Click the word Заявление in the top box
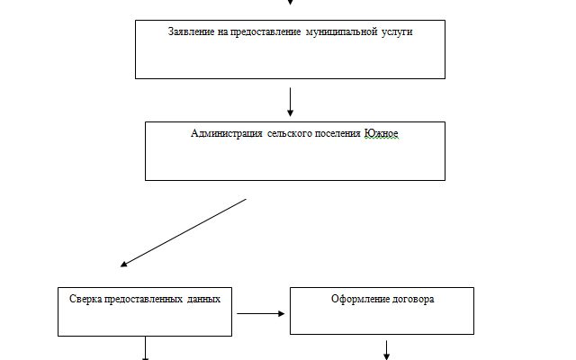click(191, 31)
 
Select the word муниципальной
click(344, 31)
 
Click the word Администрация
click(227, 133)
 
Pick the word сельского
click(289, 133)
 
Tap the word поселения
click(337, 133)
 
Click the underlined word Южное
click(381, 133)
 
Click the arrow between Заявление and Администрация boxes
click(290, 102)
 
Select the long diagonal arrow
click(183, 233)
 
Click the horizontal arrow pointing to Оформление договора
click(260, 314)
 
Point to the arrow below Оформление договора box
click(387, 349)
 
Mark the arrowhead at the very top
click(290, 3)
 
